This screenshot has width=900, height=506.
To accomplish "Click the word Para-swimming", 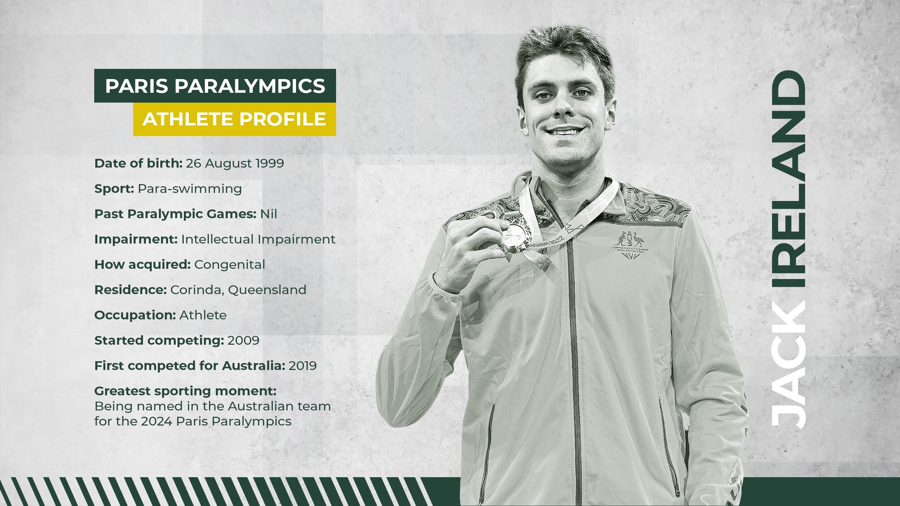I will click(189, 189).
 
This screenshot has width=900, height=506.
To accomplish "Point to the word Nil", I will click(269, 214).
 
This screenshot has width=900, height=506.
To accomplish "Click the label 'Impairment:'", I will click(136, 239).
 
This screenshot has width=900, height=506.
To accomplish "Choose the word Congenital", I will click(230, 265).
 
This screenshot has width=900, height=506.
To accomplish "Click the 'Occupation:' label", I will click(135, 315).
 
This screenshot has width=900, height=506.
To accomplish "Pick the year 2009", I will click(243, 340).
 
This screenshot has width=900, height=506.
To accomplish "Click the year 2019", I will click(303, 366).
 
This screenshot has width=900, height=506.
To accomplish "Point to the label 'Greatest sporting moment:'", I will click(185, 391).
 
